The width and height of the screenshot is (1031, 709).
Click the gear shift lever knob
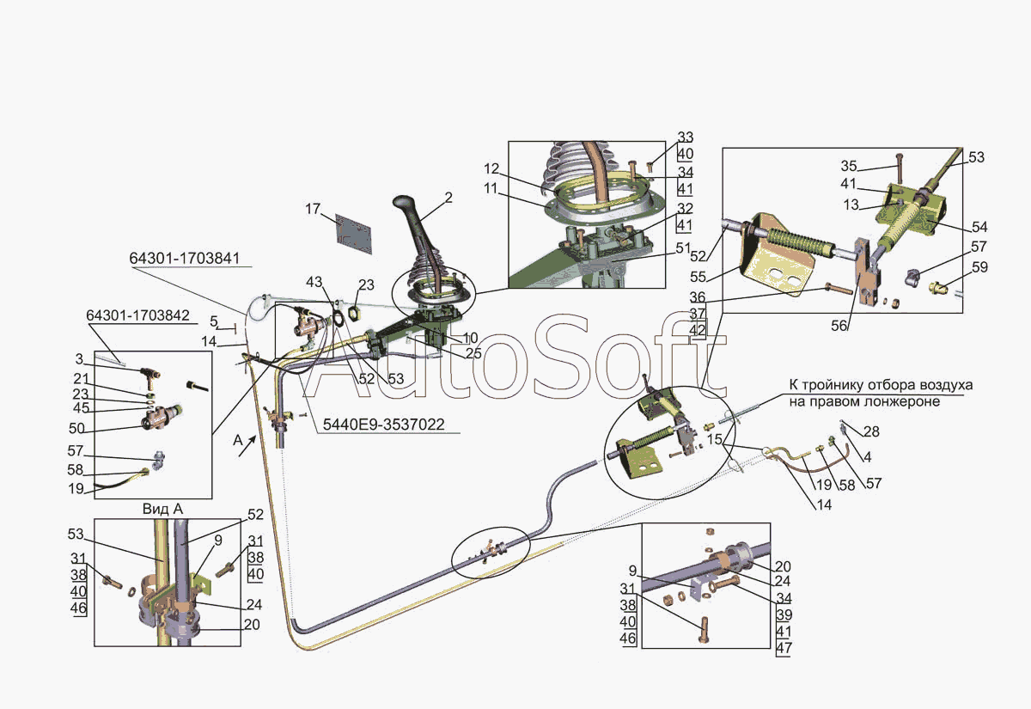click(404, 204)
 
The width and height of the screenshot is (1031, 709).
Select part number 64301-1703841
click(185, 259)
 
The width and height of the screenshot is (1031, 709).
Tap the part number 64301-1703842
click(138, 315)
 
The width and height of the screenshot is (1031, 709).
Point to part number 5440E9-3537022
click(384, 425)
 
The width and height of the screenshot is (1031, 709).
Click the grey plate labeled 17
click(353, 234)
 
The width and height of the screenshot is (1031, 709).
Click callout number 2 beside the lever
click(448, 198)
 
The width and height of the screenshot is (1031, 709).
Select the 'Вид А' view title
click(163, 509)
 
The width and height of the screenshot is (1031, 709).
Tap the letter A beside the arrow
click(237, 441)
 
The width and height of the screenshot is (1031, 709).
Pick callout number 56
click(839, 326)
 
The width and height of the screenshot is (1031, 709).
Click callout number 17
click(313, 209)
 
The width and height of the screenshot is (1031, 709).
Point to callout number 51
click(684, 248)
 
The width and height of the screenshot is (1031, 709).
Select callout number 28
click(872, 431)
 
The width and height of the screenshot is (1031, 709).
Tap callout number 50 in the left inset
click(76, 428)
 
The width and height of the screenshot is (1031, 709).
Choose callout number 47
click(784, 648)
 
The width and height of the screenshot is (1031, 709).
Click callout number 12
click(491, 169)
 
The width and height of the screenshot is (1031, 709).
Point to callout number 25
click(473, 353)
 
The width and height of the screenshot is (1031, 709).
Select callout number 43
click(314, 282)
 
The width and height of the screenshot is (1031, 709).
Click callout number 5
click(214, 321)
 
